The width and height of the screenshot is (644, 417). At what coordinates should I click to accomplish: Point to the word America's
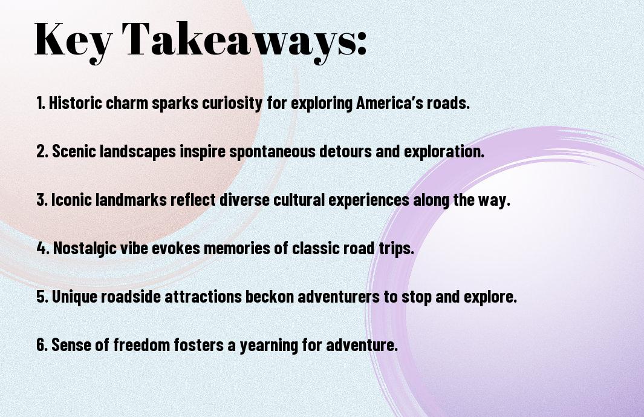coord(389,103)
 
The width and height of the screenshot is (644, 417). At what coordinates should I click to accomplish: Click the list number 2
coord(42,151)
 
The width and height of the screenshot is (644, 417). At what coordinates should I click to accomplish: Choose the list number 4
coord(43,248)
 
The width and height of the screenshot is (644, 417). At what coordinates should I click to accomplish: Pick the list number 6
coord(42,345)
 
